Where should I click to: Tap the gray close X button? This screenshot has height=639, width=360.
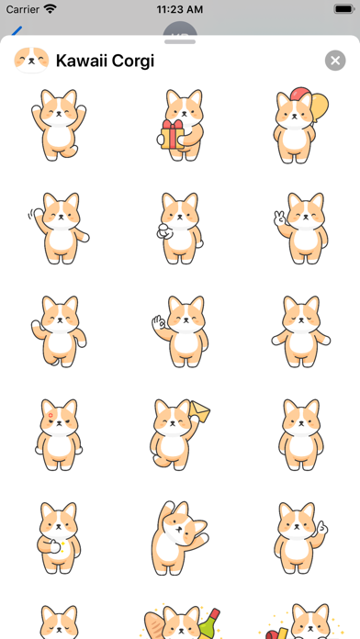335,61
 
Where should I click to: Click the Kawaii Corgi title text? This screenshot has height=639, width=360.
105,62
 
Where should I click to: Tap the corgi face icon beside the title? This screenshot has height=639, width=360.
31,61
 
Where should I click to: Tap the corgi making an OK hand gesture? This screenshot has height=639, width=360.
179,331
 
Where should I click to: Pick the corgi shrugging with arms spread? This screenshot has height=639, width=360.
301,331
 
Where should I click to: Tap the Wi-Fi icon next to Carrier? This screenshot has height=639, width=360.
50,9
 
